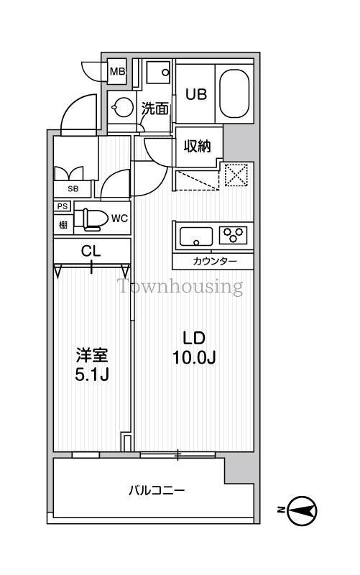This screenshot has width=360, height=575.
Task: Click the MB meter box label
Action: [x=117, y=72]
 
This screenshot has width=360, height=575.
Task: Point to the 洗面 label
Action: [x=154, y=109]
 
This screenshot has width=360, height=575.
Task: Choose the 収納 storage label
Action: [x=196, y=146]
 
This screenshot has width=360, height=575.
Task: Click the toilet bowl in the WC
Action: [x=89, y=218]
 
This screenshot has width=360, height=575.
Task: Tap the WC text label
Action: [x=119, y=218]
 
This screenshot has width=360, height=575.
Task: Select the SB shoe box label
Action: [x=73, y=189]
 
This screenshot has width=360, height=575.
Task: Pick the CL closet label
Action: [x=91, y=252]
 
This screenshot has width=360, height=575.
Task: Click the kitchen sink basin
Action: [x=195, y=236]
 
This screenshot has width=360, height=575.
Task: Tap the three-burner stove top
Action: [x=234, y=234]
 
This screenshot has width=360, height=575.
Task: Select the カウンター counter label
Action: [x=213, y=260]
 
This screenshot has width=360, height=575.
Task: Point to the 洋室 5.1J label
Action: [x=93, y=365]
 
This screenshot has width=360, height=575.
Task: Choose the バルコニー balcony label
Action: [x=157, y=491]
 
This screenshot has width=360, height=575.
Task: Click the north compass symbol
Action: [x=303, y=511]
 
